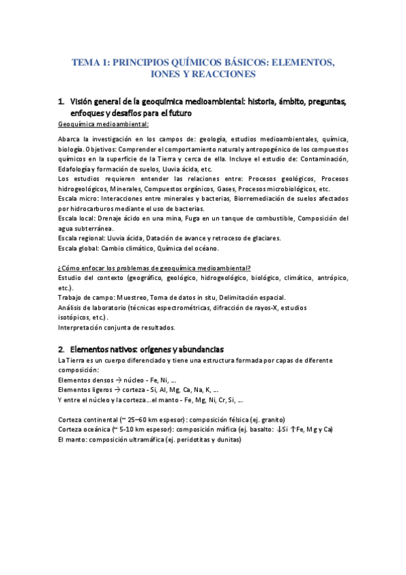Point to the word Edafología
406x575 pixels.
[x=79, y=168]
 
